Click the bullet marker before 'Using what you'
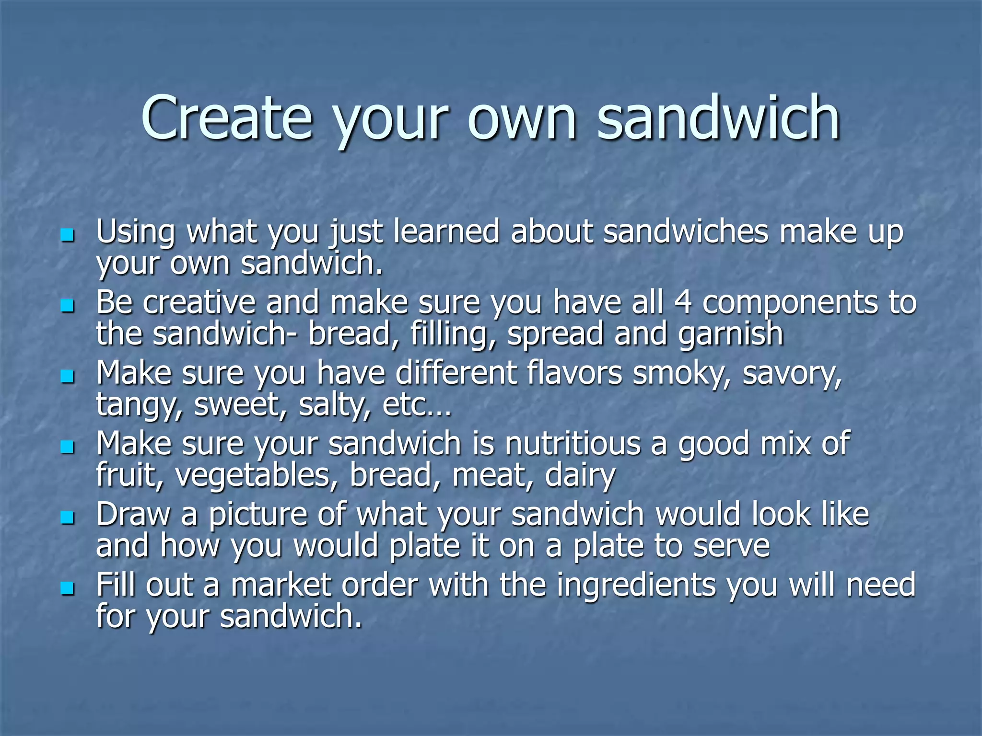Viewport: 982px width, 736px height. click(x=68, y=235)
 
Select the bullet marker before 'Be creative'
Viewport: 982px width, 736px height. click(x=68, y=306)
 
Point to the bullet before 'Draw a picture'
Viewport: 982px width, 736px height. click(x=68, y=517)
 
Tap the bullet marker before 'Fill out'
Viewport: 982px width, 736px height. click(x=68, y=588)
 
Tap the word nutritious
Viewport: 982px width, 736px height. click(x=573, y=444)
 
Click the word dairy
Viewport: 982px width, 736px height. click(x=580, y=476)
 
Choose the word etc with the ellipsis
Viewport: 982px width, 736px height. click(x=417, y=405)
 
